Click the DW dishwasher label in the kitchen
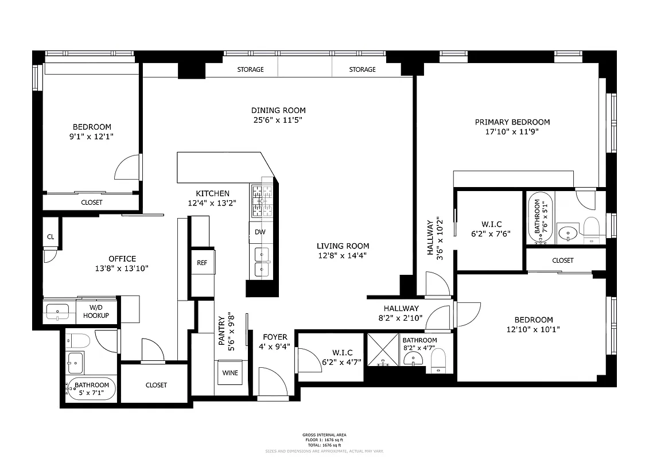pos(261,232)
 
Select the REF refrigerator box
pos(202,263)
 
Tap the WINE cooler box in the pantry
pos(230,373)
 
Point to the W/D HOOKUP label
pos(96,312)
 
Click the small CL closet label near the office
pos(50,236)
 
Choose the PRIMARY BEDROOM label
pos(512,122)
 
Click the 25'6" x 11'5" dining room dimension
pos(278,120)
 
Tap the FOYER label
pos(275,337)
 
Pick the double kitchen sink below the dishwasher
pos(261,262)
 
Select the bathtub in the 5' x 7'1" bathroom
pos(91,390)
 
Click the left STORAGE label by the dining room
pos(251,69)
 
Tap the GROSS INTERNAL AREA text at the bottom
pos(324,435)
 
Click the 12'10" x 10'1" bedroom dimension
pos(533,329)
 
